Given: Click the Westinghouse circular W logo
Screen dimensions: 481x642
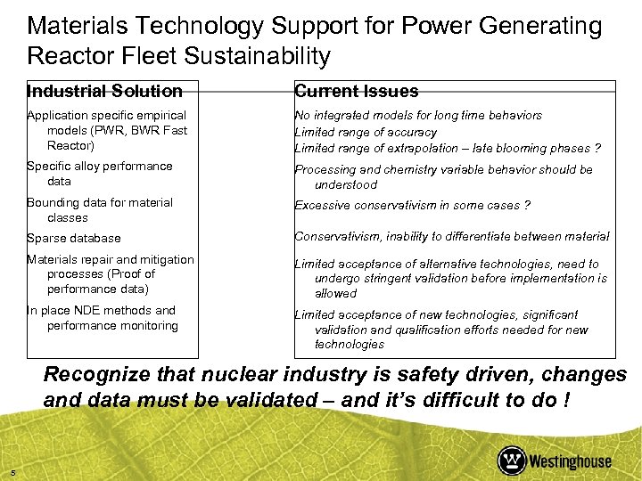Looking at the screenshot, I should point(513,461).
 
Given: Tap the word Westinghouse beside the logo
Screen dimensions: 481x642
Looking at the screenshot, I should point(571,461).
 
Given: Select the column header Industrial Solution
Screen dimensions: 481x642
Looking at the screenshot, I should point(104,91).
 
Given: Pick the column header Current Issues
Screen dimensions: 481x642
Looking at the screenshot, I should point(356,91).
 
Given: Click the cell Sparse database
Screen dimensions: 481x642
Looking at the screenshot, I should point(73,238).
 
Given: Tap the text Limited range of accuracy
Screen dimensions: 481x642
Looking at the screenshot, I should point(366,132).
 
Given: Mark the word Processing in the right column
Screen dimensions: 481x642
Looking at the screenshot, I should point(325,169).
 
